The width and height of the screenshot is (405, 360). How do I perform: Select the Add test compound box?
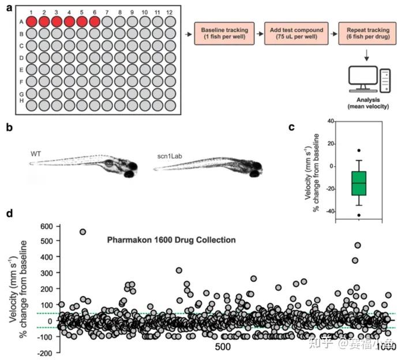tap(294, 34)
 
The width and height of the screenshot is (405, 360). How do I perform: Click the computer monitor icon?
tap(363, 78)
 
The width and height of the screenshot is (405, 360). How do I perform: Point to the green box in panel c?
tap(359, 183)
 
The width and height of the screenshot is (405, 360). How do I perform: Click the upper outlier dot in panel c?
tap(359, 151)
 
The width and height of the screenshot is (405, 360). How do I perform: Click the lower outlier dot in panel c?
tap(359, 215)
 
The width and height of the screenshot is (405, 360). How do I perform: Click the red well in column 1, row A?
tap(31, 22)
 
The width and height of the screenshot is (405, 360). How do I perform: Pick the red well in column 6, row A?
tap(95, 22)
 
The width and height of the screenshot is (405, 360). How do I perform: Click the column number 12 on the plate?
tap(170, 12)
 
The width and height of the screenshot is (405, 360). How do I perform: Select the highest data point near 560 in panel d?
tap(83, 231)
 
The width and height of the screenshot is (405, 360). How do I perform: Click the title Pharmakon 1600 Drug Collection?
tap(171, 239)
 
